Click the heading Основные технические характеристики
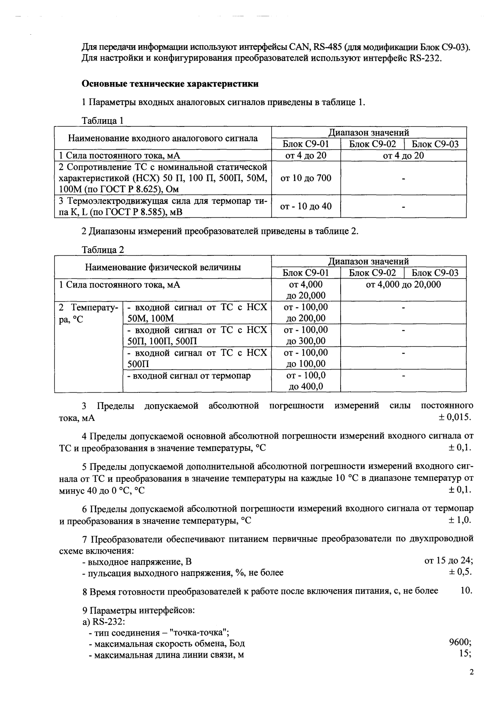170,84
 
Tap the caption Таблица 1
102,121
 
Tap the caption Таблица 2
102,250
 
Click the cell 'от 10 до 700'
306,178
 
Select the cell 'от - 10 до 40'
306,206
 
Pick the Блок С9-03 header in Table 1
435,144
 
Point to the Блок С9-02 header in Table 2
372,273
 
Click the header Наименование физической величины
163,267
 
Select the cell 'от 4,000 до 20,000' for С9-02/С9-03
403,285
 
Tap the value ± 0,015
454,417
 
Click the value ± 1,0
460,520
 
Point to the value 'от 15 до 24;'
448,561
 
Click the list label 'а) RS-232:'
103,622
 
